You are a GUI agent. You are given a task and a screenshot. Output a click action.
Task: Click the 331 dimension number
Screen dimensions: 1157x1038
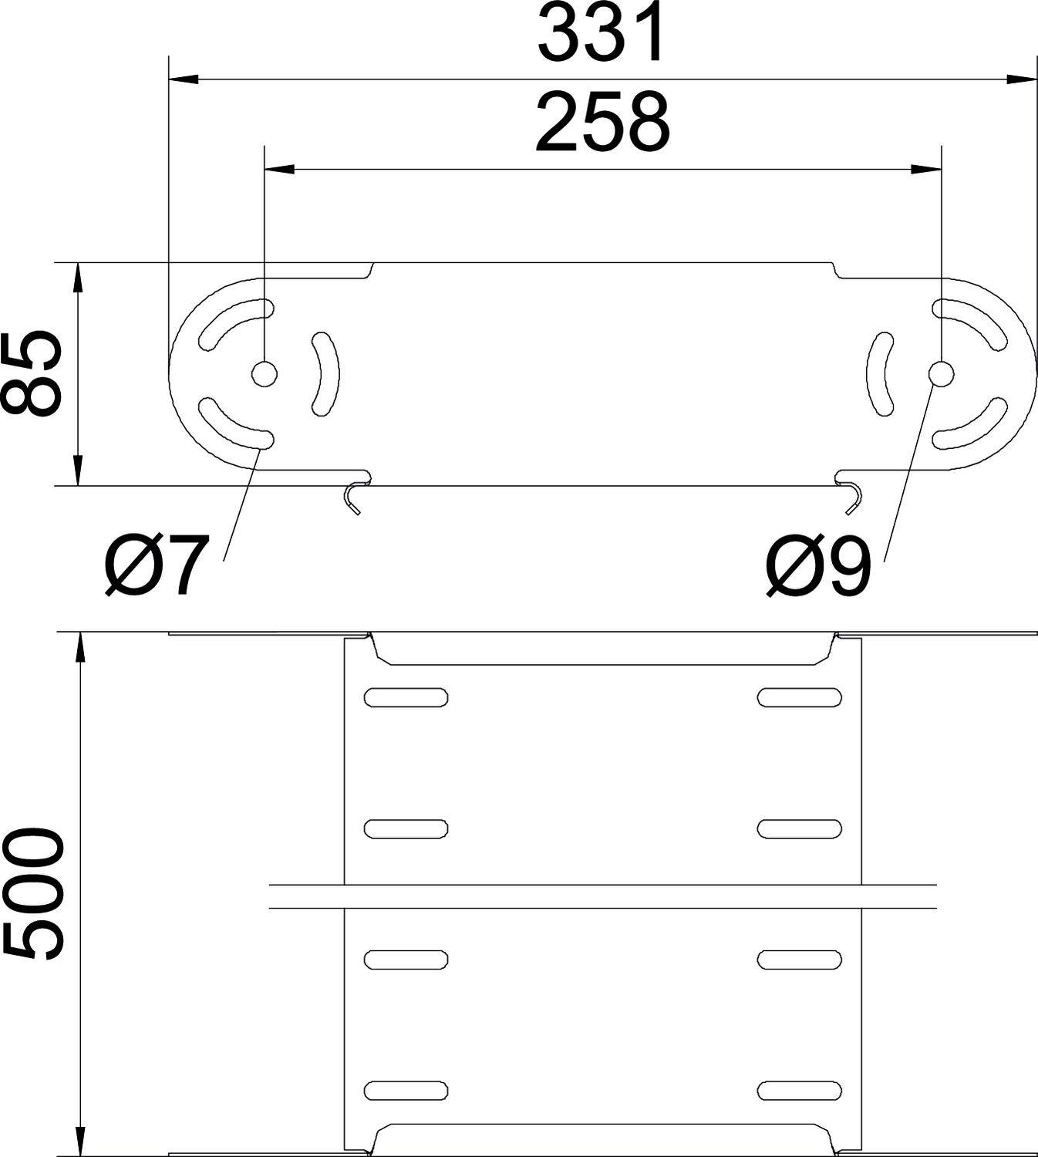point(601,35)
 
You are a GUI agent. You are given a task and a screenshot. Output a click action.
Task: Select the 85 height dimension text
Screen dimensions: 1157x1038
point(32,374)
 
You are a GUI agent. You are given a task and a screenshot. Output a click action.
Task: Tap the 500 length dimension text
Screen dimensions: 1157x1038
point(32,895)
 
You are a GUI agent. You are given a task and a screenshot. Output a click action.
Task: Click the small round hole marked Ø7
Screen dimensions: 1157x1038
point(264,374)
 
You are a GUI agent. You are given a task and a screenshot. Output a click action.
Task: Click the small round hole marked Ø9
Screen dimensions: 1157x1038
point(941,374)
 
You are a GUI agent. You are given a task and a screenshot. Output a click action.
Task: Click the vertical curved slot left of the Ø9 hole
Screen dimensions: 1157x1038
point(880,373)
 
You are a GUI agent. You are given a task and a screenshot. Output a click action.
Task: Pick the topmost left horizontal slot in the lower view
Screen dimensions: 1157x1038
point(406,697)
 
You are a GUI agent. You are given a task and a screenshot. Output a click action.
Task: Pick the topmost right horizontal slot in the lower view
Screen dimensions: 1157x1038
point(799,697)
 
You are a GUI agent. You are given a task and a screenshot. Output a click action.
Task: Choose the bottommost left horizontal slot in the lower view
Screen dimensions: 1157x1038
point(406,1090)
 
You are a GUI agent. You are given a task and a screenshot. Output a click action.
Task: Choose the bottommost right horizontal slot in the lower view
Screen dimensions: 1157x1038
point(799,1090)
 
